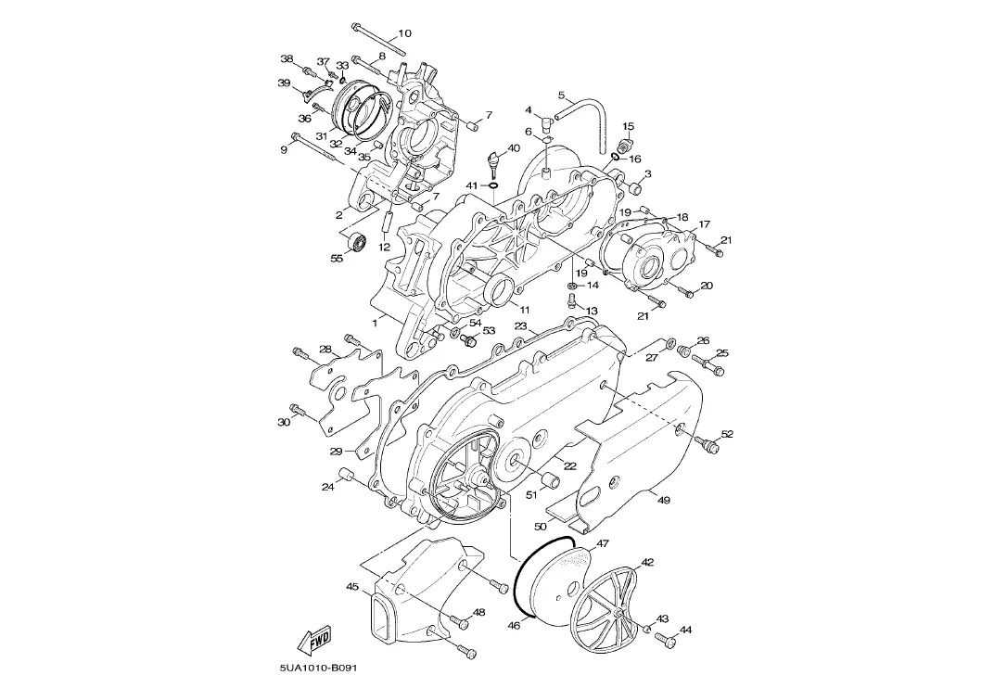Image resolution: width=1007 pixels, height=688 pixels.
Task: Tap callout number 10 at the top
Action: click(404, 33)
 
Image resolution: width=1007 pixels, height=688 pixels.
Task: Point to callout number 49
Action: click(663, 499)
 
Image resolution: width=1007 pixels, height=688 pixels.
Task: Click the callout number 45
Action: click(352, 587)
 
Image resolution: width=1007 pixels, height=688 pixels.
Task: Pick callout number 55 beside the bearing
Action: click(338, 258)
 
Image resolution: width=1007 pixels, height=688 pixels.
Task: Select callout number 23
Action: click(520, 326)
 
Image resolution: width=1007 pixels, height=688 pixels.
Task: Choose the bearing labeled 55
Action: click(357, 244)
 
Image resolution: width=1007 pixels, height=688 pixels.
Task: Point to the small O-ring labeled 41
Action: click(493, 185)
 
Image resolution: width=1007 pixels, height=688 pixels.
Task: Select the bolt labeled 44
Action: click(666, 640)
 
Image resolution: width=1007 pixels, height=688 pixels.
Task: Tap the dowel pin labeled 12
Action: click(388, 221)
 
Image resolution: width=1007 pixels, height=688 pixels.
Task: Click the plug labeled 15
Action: click(626, 143)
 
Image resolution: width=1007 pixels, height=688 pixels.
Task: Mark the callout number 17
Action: click(705, 224)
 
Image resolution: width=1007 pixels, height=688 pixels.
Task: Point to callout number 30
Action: click(284, 422)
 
